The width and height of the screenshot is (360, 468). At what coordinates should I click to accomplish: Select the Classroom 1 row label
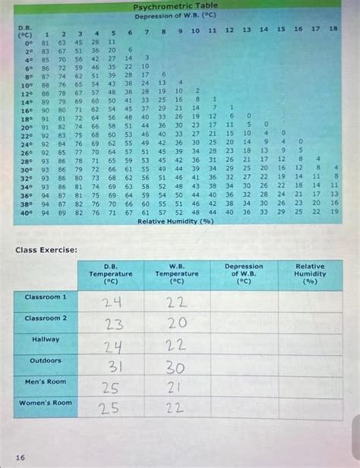coord(46,296)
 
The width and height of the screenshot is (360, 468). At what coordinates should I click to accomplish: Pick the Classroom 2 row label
coord(46,318)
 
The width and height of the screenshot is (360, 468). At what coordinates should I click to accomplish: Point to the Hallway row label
coord(46,339)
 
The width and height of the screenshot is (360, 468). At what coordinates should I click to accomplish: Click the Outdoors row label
coord(46,360)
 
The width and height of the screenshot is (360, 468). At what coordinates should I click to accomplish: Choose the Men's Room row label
coord(46,381)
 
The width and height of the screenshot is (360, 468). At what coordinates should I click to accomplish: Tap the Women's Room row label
coord(46,403)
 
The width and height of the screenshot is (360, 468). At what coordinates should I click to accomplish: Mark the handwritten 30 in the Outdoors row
coord(176,367)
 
